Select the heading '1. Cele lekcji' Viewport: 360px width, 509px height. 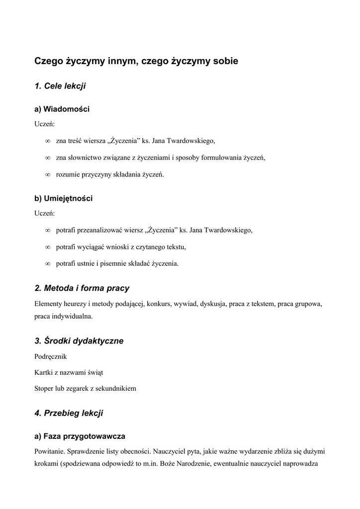(60, 86)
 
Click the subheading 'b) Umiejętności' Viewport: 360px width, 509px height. (63, 198)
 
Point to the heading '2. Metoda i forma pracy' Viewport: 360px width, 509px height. (82, 288)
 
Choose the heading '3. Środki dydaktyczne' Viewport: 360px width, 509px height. (79, 341)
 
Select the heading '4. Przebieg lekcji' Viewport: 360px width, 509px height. (69, 413)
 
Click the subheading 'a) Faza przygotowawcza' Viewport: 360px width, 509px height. (80, 436)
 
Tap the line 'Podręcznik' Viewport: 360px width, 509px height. (50, 357)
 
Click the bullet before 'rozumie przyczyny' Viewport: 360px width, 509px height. (48, 174)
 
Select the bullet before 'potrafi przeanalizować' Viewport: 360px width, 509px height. (48, 231)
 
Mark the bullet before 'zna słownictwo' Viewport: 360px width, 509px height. (48, 158)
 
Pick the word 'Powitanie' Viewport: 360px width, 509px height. (49, 452)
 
